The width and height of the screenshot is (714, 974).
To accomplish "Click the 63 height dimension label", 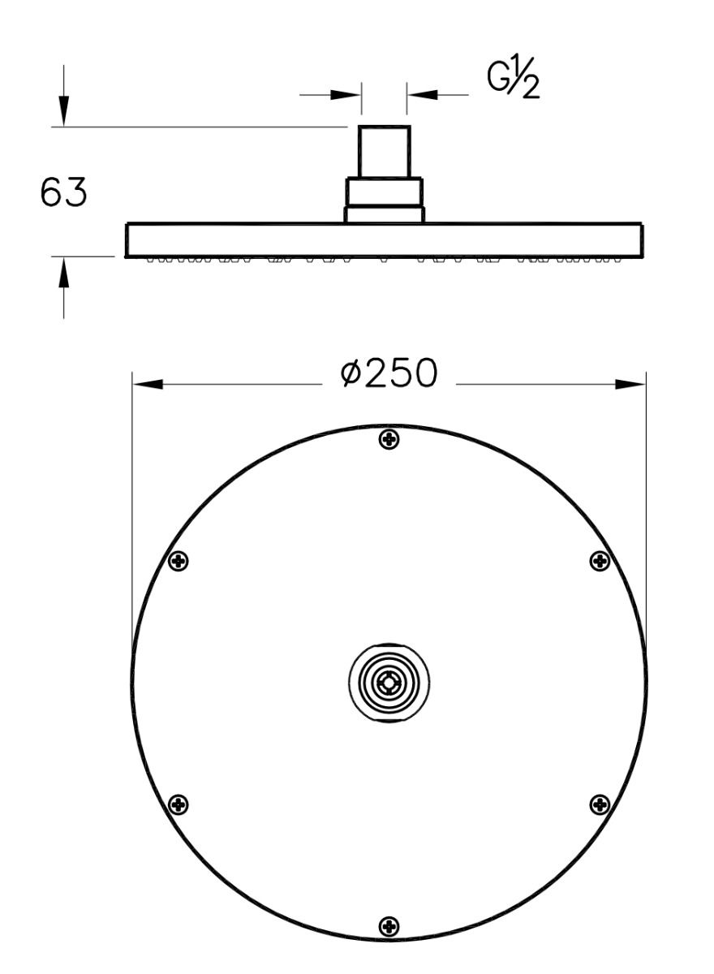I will (x=63, y=193).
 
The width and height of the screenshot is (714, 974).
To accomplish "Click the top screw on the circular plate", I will (x=390, y=439).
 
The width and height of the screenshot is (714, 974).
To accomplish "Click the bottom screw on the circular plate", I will (x=390, y=925).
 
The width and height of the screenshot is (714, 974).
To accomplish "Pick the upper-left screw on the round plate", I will (x=178, y=560).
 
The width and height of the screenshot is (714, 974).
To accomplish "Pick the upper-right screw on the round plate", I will (x=600, y=560).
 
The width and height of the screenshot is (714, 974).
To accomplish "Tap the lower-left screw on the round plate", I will (x=178, y=804).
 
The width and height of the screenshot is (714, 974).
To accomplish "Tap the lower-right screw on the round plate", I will (x=600, y=804).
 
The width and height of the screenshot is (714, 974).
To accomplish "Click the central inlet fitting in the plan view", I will (x=389, y=683).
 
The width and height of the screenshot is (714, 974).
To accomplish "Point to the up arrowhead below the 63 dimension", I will (x=64, y=273).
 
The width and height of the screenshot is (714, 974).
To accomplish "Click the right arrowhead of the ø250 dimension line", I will (x=630, y=383).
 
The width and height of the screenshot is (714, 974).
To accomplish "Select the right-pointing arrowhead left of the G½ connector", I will (x=346, y=95).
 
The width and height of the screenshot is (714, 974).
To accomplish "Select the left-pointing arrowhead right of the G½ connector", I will (x=423, y=95).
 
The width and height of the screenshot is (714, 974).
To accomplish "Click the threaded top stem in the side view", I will (x=385, y=152).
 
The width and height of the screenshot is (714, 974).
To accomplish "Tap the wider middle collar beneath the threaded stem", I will (x=385, y=192).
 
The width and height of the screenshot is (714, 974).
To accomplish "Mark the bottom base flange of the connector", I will (x=385, y=215).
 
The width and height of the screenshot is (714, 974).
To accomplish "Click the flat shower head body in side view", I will (x=385, y=240).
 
